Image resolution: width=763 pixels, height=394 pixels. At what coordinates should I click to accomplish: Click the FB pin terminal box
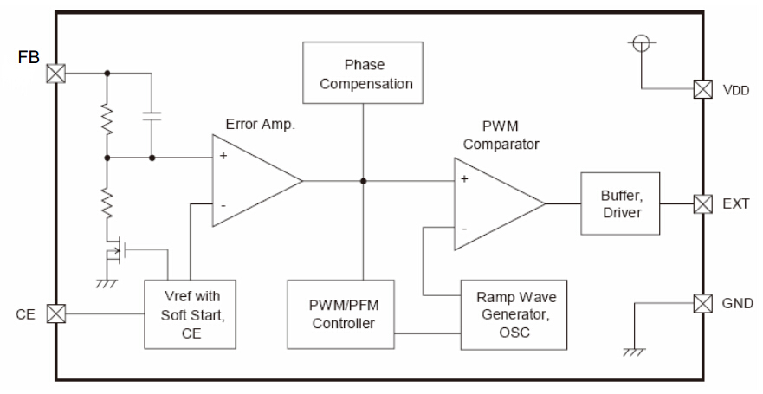coord(56,73)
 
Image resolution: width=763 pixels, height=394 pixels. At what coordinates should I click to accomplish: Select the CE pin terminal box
coord(56,313)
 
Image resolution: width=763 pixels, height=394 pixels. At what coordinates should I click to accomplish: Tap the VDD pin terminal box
coord(703,88)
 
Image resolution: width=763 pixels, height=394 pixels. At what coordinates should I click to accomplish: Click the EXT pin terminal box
coord(703,204)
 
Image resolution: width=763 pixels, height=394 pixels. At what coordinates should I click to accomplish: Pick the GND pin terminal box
coord(703,303)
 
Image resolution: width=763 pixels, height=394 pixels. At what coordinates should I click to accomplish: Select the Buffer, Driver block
coord(620,204)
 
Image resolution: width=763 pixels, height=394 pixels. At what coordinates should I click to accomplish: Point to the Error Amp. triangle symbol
coord(251,181)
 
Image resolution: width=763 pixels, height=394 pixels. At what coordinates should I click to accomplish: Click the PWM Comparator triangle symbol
coord(494,203)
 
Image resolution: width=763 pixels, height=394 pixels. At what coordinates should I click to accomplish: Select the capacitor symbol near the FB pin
coord(152,115)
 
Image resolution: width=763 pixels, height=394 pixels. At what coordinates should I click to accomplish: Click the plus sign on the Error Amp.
coord(223,158)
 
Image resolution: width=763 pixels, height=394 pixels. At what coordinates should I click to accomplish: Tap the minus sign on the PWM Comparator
coord(465,228)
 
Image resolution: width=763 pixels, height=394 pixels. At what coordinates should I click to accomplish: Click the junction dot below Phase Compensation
coord(363,181)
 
